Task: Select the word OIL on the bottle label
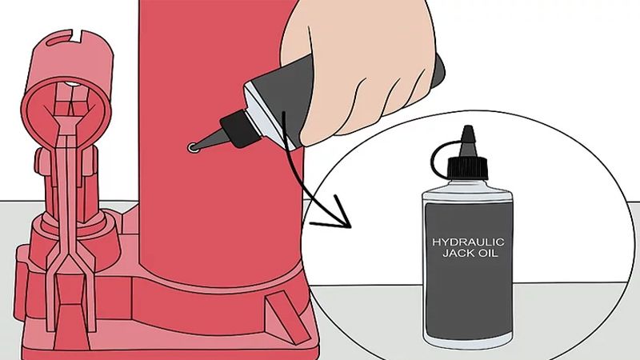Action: click(x=480, y=254)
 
